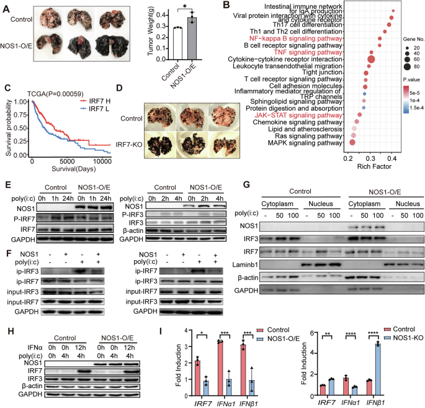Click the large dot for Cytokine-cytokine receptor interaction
coord(372,60)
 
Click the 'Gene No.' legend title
coord(400,37)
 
